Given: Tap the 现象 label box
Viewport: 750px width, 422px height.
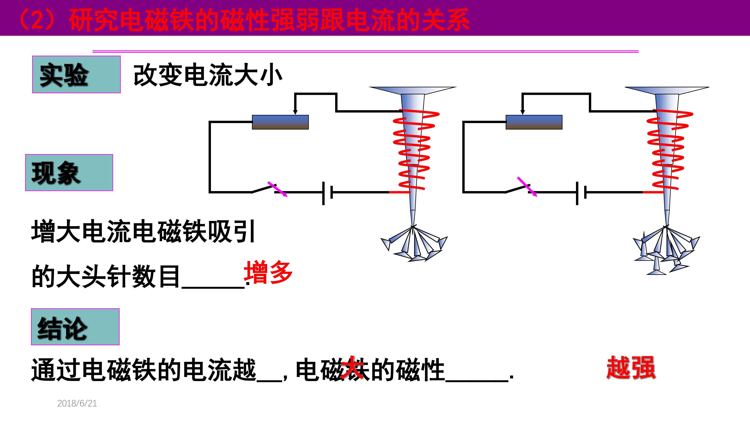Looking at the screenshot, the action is (69, 173).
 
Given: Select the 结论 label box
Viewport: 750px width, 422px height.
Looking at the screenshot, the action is (75, 327).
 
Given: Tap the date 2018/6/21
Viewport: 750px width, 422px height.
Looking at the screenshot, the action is (77, 403).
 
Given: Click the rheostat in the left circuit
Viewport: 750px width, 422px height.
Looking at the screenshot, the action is (280, 122).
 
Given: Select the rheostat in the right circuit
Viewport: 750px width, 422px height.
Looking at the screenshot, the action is (534, 122).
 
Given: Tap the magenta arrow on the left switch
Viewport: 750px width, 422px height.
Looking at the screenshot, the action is (278, 189).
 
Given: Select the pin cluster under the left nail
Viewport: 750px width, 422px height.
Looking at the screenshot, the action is (414, 243).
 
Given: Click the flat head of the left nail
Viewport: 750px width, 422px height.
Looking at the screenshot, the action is (412, 90).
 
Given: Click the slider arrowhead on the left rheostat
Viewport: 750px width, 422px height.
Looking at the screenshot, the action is (295, 112).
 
